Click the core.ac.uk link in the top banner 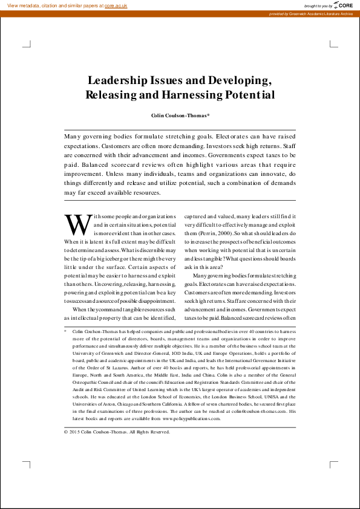pos(116,5)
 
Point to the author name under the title pos(180,115)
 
